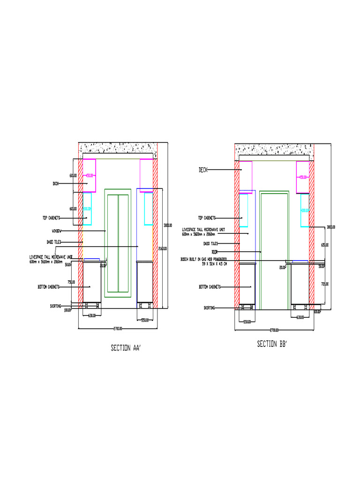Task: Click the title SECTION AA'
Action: pos(126,348)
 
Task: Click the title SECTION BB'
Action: pos(271,344)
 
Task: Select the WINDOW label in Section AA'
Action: pos(59,231)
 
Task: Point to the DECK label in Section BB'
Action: pos(203,170)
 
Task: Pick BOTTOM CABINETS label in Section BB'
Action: pos(209,287)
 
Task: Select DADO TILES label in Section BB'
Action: pos(210,244)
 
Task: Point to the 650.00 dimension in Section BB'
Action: pos(325,245)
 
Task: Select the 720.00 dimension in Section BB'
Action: pos(325,284)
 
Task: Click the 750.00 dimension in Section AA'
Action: pos(71,282)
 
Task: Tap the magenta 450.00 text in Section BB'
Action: pos(303,177)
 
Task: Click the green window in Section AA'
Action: pos(118,243)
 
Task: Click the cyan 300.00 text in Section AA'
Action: pos(87,209)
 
